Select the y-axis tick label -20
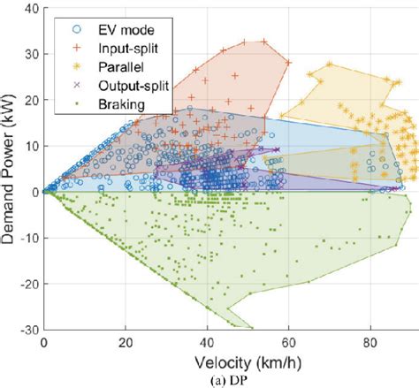pos(27,283)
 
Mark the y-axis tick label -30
pos(27,329)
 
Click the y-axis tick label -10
pos(27,238)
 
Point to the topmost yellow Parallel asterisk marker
pos(329,65)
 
